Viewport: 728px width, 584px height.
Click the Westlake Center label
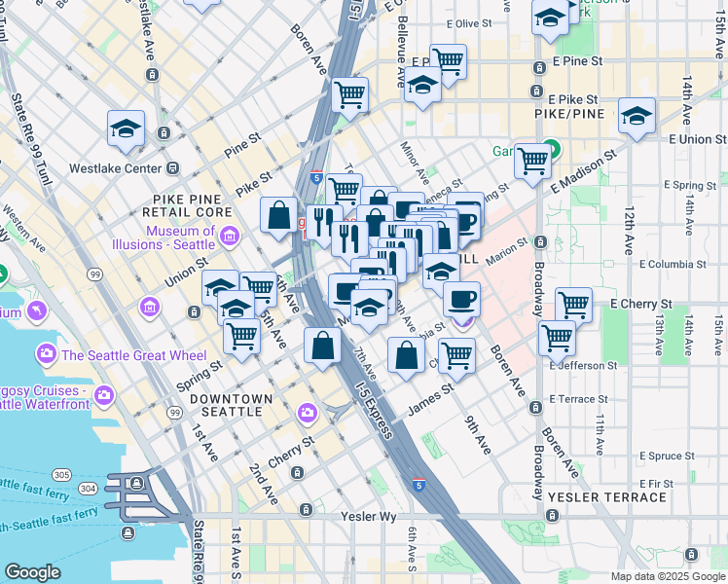pyautogui.click(x=115, y=168)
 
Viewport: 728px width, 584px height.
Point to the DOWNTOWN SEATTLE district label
pyautogui.click(x=231, y=405)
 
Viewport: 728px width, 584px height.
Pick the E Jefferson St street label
pyautogui.click(x=586, y=366)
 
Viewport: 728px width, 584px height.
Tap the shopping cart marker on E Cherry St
pyautogui.click(x=573, y=305)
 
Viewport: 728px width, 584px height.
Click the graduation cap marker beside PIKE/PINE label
pyautogui.click(x=637, y=117)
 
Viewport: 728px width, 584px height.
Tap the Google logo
pyautogui.click(x=32, y=572)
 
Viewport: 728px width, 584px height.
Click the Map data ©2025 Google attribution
pyautogui.click(x=667, y=576)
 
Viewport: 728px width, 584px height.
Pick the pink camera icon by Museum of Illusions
pyautogui.click(x=230, y=235)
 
